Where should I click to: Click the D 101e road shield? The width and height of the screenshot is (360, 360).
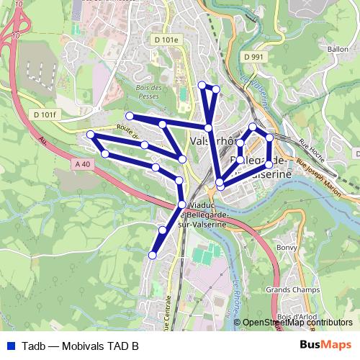tap(165, 40)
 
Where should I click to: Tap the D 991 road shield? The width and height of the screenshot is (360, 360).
tap(254, 55)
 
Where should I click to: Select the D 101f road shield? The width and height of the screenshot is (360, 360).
tap(45, 114)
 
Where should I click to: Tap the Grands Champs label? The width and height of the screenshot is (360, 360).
tap(288, 289)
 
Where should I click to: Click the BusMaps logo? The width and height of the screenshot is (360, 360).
tap(325, 345)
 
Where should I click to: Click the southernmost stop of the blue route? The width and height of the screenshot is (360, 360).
tap(152, 255)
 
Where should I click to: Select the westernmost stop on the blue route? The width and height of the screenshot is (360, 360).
tap(90, 135)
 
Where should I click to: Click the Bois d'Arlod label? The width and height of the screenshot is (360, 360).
tap(298, 318)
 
